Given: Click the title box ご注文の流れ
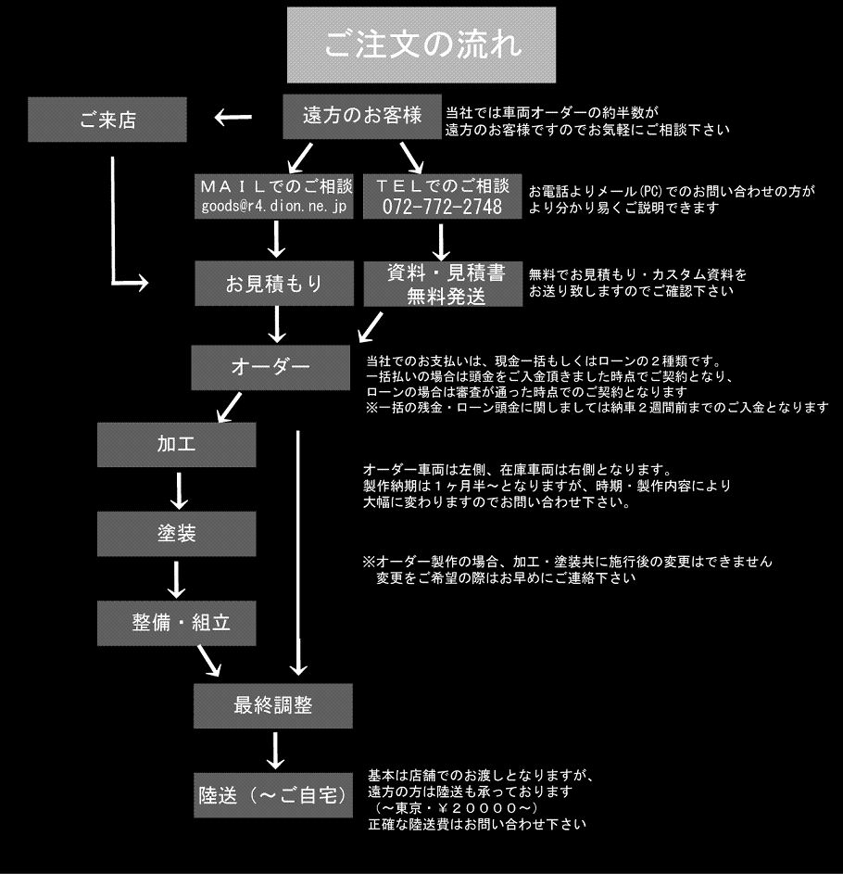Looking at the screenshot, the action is [x=421, y=45].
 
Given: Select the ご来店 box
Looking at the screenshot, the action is [x=107, y=120].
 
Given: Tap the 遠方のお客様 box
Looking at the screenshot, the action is [x=362, y=116].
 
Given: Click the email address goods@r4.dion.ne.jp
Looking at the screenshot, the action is [x=274, y=207].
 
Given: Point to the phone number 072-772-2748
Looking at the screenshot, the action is [x=443, y=207].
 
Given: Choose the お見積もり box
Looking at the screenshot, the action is [x=274, y=284].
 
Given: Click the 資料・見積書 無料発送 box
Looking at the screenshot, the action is [x=443, y=284].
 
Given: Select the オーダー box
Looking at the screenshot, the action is [x=271, y=367].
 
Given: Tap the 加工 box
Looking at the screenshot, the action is [x=177, y=445].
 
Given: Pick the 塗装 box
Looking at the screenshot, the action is [x=177, y=534].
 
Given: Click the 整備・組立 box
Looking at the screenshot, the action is [x=177, y=623].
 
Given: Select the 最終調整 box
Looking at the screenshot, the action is [x=273, y=705].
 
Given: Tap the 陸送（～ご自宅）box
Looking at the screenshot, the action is [x=273, y=795].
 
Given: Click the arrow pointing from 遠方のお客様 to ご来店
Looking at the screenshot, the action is [x=233, y=117].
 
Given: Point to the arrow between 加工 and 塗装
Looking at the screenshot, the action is [x=178, y=491].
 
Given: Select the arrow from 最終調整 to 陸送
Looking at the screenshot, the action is [x=275, y=751].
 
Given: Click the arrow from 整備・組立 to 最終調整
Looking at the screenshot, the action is [x=209, y=661].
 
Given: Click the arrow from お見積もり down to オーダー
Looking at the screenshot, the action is [x=277, y=324].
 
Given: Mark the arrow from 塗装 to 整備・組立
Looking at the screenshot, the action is [x=177, y=579].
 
